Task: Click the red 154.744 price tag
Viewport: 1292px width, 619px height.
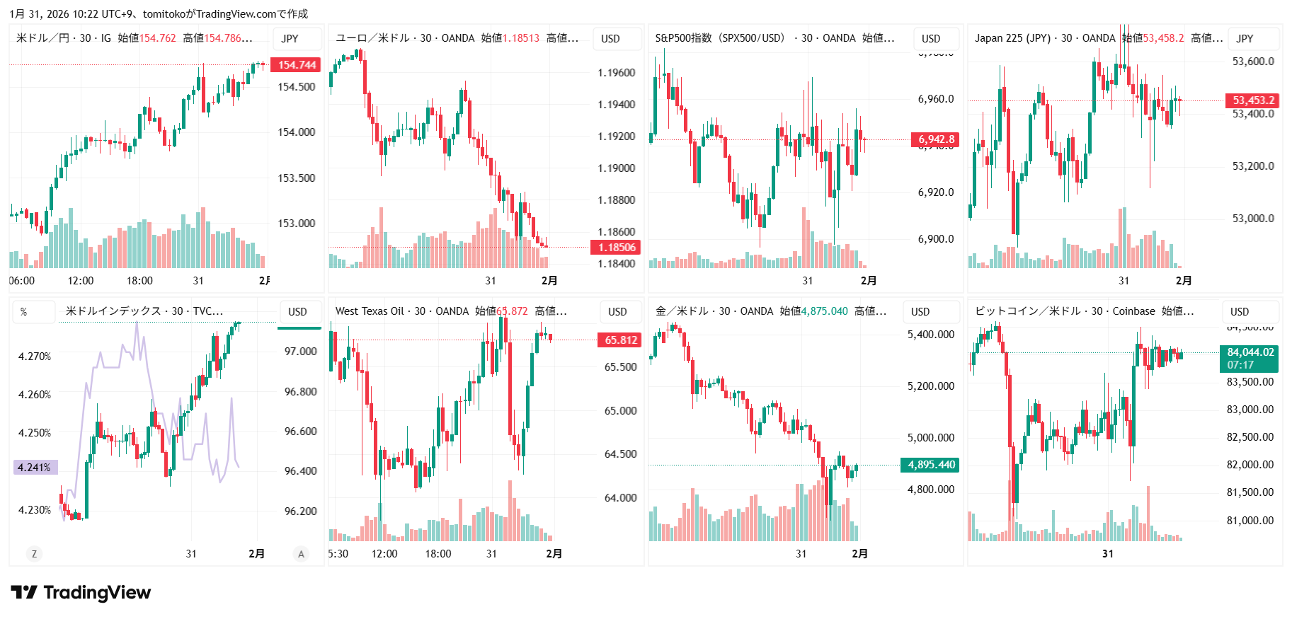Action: pyautogui.click(x=296, y=65)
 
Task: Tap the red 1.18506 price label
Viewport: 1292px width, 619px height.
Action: pyautogui.click(x=616, y=247)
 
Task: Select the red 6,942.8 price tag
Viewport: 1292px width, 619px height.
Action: pyautogui.click(x=935, y=139)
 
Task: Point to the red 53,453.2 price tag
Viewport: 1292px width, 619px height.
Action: pyautogui.click(x=1253, y=100)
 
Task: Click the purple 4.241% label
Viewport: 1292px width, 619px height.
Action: pyautogui.click(x=35, y=468)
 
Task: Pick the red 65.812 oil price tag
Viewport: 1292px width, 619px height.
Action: pyautogui.click(x=620, y=340)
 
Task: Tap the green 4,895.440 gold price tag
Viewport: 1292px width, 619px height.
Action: pyautogui.click(x=931, y=465)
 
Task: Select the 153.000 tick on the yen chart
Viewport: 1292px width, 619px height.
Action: pyautogui.click(x=297, y=224)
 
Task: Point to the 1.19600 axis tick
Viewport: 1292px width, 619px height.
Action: pyautogui.click(x=616, y=73)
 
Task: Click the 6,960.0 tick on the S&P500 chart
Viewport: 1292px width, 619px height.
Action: pyautogui.click(x=936, y=99)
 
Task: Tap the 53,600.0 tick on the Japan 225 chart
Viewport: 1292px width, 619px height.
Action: pyautogui.click(x=1253, y=62)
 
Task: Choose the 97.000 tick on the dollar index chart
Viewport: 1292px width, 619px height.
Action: pyautogui.click(x=300, y=352)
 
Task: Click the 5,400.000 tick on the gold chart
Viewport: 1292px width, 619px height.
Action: pyautogui.click(x=931, y=335)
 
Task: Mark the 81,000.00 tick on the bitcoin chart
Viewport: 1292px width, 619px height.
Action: pyautogui.click(x=1250, y=521)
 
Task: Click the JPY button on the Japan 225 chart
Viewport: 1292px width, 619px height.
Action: pyautogui.click(x=1245, y=39)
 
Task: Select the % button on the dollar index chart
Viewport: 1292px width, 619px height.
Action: pyautogui.click(x=24, y=312)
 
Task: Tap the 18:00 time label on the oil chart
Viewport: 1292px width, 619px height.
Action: pyautogui.click(x=438, y=554)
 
